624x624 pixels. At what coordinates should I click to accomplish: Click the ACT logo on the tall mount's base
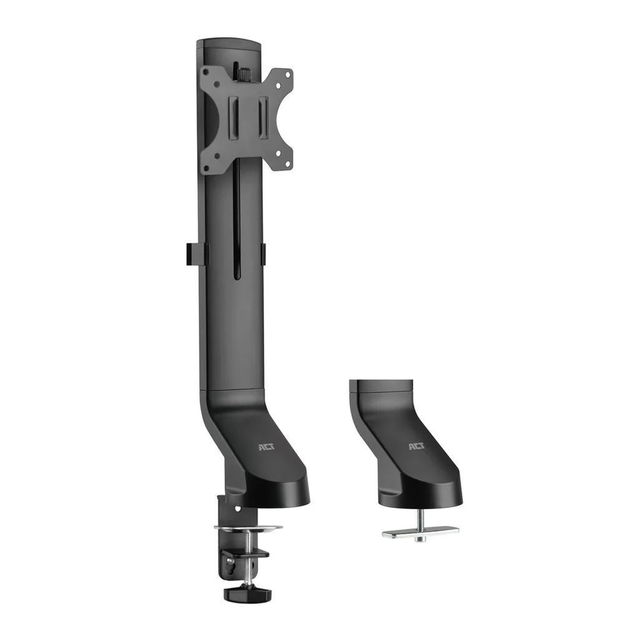(x=266, y=447)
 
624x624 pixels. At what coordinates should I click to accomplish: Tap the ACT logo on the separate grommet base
(x=416, y=447)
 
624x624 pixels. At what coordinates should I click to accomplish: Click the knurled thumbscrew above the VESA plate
(x=242, y=73)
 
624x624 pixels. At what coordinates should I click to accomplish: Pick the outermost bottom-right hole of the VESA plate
(x=288, y=165)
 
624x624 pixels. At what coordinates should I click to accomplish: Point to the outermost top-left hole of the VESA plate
(x=204, y=74)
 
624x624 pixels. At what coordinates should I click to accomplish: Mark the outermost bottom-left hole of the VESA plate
(x=204, y=167)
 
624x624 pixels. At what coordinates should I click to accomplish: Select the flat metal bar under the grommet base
(x=420, y=534)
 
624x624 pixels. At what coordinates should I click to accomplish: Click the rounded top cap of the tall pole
(x=228, y=45)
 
